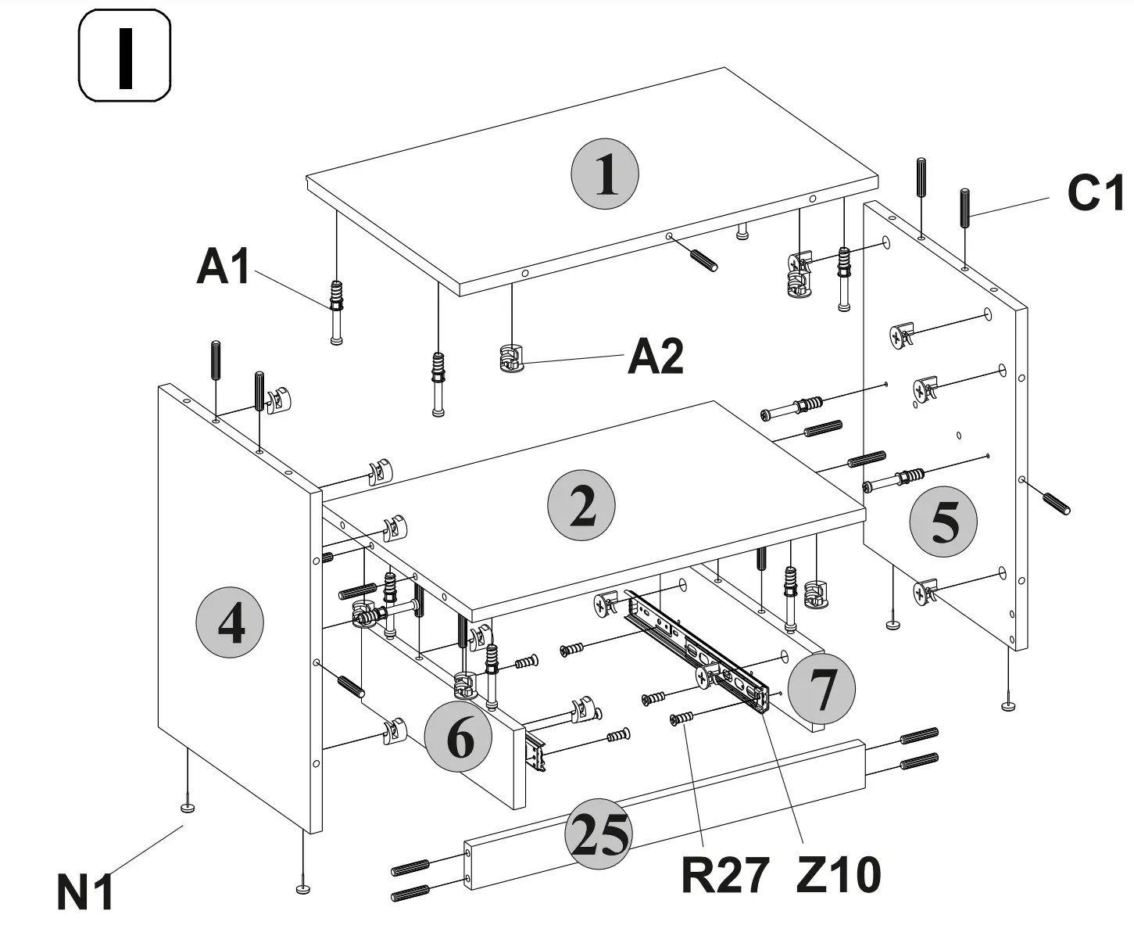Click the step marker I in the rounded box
[124, 56]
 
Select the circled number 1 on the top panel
[604, 174]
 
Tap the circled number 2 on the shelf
[581, 506]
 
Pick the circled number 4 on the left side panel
[229, 623]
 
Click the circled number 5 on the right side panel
[943, 522]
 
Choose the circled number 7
[821, 689]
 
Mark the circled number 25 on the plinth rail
[599, 834]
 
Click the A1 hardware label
[224, 267]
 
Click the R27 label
[724, 875]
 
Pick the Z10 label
[839, 875]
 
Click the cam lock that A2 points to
[510, 358]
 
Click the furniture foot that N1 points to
[188, 807]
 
